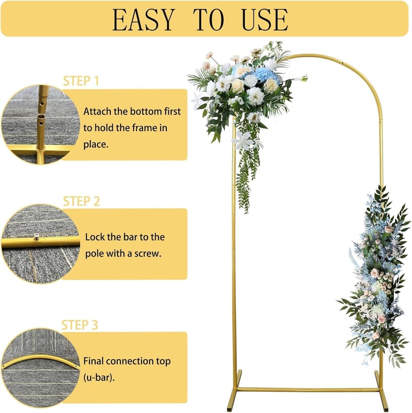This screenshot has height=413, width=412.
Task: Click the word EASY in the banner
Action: point(144,20)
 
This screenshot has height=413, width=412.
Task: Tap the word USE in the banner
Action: point(265,20)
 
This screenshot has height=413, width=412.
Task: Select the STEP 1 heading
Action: point(81,81)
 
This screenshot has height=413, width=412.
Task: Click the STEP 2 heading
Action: point(81,201)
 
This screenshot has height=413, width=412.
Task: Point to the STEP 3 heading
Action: point(79,325)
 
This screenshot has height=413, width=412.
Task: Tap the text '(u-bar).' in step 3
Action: point(99,377)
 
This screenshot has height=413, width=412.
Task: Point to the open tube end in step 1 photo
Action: point(41,116)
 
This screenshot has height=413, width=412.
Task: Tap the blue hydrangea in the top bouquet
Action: point(267,75)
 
